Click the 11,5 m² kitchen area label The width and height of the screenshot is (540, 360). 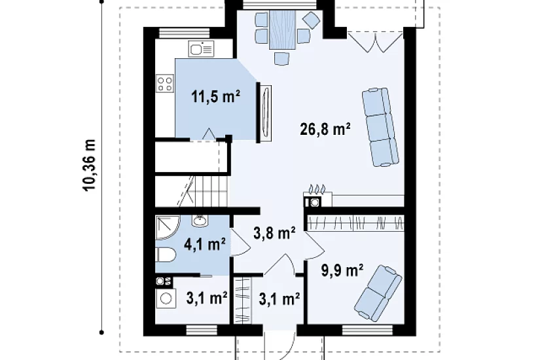[x=215, y=97]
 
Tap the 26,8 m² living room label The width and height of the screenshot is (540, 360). [x=325, y=129]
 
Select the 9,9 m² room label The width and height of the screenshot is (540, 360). [x=342, y=270]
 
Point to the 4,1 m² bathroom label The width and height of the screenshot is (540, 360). [x=205, y=245]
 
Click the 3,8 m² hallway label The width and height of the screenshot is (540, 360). [x=274, y=233]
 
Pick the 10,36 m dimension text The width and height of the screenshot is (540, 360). [x=89, y=165]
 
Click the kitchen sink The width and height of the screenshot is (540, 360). [x=201, y=49]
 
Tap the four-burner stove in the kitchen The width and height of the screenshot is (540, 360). [x=164, y=84]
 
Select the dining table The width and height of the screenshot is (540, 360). [x=282, y=29]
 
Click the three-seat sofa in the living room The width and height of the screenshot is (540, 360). [x=380, y=127]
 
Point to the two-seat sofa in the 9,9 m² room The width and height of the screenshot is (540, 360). [x=378, y=292]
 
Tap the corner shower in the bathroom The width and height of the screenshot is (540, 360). [x=168, y=228]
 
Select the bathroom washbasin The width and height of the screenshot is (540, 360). [x=200, y=221]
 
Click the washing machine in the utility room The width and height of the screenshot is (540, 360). [x=166, y=298]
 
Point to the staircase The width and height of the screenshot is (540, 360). [x=192, y=191]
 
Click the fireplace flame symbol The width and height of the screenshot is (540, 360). [x=317, y=189]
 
